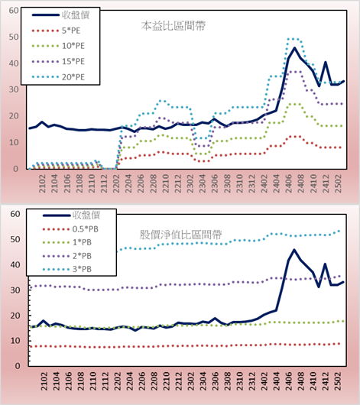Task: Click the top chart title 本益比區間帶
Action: tap(174, 26)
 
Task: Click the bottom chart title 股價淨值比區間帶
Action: tap(180, 235)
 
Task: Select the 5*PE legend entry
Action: tap(56, 31)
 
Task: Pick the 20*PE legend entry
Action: tap(58, 77)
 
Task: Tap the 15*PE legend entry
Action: tap(58, 61)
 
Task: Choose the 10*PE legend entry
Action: tap(58, 46)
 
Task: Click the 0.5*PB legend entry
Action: tap(70, 229)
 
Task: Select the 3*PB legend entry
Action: tap(67, 269)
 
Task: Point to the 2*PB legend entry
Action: tap(67, 256)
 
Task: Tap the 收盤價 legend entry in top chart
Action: tap(60, 15)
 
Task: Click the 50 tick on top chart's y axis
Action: tap(14, 37)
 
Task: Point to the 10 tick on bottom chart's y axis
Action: tap(15, 341)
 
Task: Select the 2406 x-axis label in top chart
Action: tap(289, 183)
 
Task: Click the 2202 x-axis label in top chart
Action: tap(116, 183)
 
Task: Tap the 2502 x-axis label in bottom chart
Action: tap(338, 381)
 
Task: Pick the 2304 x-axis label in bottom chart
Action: tap(203, 381)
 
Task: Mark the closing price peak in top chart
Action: tap(294, 48)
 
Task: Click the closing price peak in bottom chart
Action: tap(294, 250)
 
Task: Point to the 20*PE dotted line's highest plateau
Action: tap(294, 39)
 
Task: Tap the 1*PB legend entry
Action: tap(67, 242)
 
